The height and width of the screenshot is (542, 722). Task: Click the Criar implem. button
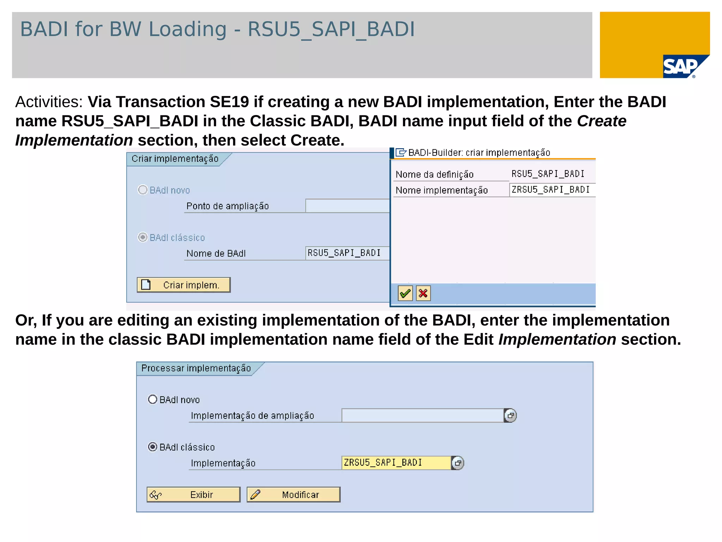coord(184,285)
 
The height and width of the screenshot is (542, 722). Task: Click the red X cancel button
coord(423,293)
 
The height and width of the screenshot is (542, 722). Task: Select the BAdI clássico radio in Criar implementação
coord(143,237)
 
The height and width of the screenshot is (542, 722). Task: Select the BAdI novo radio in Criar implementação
coord(143,190)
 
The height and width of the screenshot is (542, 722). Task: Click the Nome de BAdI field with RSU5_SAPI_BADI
coord(347,253)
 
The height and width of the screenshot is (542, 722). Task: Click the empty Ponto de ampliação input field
coord(347,206)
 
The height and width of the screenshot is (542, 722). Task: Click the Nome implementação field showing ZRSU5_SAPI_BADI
coord(552,190)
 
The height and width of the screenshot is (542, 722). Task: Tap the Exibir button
coord(194,494)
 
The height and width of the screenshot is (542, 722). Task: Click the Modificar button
coord(293,494)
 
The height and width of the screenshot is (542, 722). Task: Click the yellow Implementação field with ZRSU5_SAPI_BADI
coord(396,463)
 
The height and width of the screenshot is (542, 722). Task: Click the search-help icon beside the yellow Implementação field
coord(458,463)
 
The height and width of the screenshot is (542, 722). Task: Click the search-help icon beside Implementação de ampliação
coord(510,415)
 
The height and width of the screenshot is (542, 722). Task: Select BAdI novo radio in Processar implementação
coord(153,399)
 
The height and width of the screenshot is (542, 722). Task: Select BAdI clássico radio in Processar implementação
coord(153,447)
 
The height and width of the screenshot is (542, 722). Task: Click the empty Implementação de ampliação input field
coord(422,415)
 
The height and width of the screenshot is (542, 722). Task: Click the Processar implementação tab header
coord(196,368)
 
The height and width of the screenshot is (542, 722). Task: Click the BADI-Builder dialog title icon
coord(401,152)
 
